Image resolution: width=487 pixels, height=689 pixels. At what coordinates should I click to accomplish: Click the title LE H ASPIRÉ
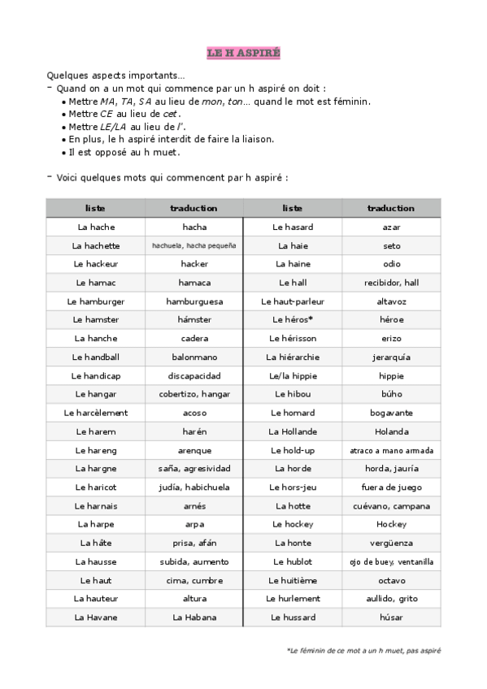243,53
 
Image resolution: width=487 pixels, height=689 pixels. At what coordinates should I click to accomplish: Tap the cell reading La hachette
96,245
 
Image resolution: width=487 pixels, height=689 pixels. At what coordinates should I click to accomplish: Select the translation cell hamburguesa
194,301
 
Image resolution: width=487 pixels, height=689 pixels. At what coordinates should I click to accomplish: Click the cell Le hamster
96,320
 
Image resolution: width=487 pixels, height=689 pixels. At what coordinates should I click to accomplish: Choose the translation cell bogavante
391,413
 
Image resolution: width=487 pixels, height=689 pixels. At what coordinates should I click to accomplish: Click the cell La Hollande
293,431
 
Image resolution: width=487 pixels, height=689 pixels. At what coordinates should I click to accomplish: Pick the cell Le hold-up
293,450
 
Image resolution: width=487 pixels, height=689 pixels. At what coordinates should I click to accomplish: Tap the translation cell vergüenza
391,543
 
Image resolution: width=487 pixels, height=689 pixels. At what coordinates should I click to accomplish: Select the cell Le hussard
293,617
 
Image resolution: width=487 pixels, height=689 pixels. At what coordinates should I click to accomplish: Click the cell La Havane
96,617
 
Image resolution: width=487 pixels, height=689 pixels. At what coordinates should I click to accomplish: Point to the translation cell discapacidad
194,375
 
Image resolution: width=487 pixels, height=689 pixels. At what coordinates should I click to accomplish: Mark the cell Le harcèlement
96,413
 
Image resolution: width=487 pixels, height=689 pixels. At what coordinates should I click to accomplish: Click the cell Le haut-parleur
293,301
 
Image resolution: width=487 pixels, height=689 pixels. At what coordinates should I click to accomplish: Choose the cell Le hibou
293,394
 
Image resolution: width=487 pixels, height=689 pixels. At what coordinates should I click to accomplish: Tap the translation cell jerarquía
391,357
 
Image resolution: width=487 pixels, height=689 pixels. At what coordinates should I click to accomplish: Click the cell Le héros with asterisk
293,320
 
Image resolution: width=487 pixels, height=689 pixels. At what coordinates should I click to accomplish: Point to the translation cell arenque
194,450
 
